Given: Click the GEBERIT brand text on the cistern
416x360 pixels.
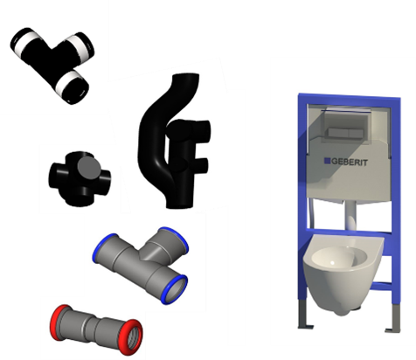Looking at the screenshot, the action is tap(350, 162).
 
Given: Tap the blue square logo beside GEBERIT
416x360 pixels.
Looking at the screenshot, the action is tap(328, 161).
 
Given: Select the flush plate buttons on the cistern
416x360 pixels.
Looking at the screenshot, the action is tap(345, 133).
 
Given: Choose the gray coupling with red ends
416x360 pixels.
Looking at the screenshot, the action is tap(96, 329).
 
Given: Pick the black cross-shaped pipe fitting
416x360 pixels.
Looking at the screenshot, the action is tap(80, 178).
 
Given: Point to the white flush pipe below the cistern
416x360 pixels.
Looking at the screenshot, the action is tap(351, 216).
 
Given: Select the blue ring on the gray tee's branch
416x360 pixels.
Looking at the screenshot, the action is tap(174, 237).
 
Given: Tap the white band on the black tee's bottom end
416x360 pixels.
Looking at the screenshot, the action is tap(67, 81).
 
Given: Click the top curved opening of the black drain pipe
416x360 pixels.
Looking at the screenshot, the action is tap(186, 76).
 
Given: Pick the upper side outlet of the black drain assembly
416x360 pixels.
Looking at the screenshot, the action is tap(202, 131).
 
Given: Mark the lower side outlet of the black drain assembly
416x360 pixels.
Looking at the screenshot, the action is tap(201, 165).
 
